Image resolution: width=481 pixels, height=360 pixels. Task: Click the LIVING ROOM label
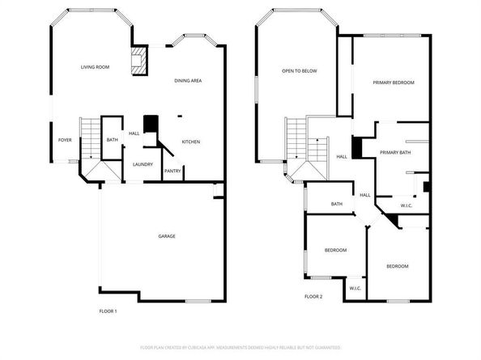point(95,67)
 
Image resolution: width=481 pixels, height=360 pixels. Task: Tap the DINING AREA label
point(189,81)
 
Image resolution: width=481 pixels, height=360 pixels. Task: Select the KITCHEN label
point(191,142)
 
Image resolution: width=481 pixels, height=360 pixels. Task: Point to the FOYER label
point(65,140)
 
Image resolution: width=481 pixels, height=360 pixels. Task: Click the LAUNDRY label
point(143,164)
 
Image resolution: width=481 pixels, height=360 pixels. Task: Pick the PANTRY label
point(172,171)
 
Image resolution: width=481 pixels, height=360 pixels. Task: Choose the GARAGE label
point(167,236)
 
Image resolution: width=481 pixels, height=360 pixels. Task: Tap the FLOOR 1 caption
point(109,311)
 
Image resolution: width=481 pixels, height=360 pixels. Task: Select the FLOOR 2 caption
point(313,297)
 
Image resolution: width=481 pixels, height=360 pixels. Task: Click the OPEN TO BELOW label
point(299,71)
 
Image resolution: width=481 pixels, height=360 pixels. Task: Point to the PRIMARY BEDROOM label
point(394,83)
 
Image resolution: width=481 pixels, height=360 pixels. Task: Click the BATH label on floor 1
point(112,140)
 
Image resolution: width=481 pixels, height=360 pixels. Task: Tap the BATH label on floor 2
point(337,204)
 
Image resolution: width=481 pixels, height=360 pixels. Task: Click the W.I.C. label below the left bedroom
point(355,288)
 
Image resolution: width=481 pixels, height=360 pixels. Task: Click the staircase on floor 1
point(89,133)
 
